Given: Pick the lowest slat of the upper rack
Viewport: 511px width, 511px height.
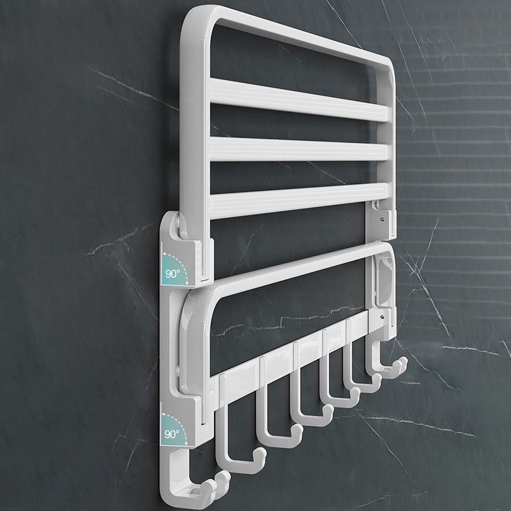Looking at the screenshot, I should point(294,197).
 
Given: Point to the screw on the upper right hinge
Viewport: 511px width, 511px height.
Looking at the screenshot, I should point(381,218).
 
